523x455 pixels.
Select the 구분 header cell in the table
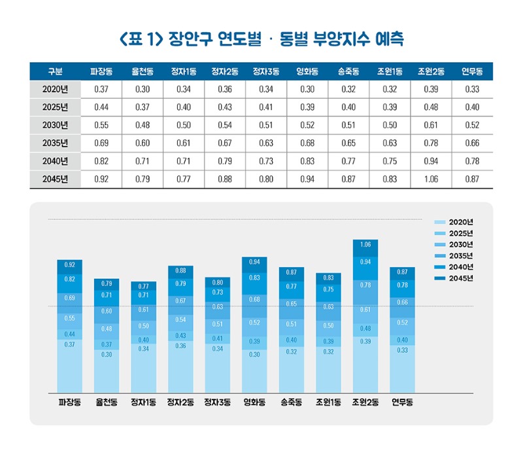55,71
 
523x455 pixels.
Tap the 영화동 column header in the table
307,71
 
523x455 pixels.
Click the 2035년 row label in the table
55,143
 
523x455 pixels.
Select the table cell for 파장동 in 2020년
101,88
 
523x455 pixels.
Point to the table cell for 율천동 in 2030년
143,125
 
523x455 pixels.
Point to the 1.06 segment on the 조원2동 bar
365,245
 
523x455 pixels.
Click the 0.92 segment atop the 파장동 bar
70,265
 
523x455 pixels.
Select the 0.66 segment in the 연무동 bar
403,302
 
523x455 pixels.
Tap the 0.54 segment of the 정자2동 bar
180,319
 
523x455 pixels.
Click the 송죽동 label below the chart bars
292,402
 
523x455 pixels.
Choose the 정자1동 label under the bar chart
143,402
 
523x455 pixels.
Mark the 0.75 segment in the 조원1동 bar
329,289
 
